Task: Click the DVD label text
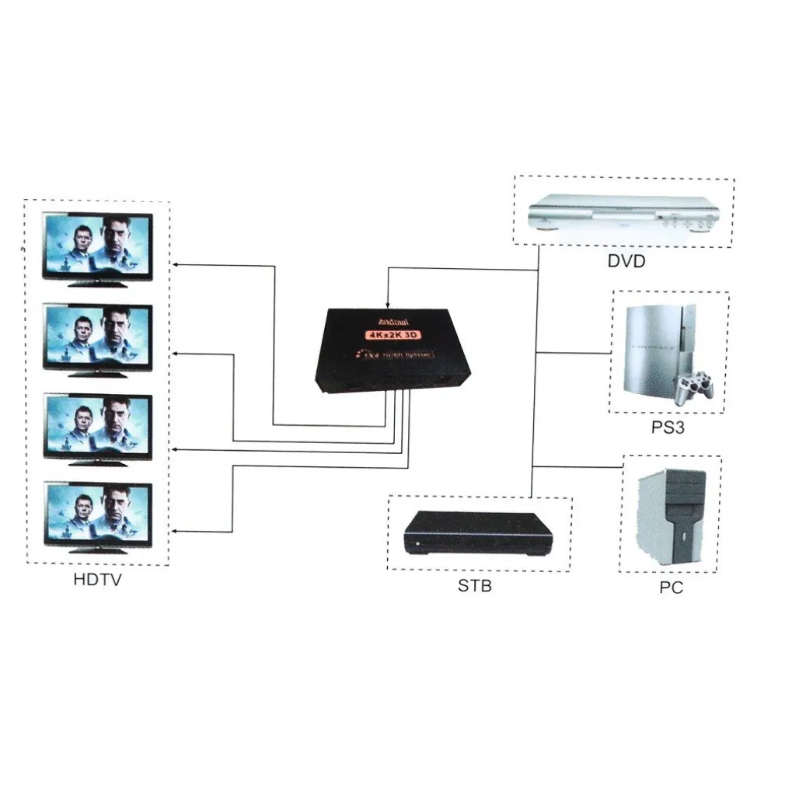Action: click(x=626, y=261)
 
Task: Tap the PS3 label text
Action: click(x=668, y=427)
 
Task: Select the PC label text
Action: click(x=671, y=588)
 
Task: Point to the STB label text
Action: click(x=474, y=585)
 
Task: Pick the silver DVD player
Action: click(x=622, y=213)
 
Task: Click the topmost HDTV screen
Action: click(x=97, y=246)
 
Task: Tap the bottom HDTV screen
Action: click(x=97, y=514)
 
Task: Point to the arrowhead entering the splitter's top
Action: click(x=387, y=303)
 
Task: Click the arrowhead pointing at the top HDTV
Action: click(x=176, y=265)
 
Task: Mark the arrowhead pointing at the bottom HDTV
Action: click(x=176, y=532)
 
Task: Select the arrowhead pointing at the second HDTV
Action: click(x=176, y=354)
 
